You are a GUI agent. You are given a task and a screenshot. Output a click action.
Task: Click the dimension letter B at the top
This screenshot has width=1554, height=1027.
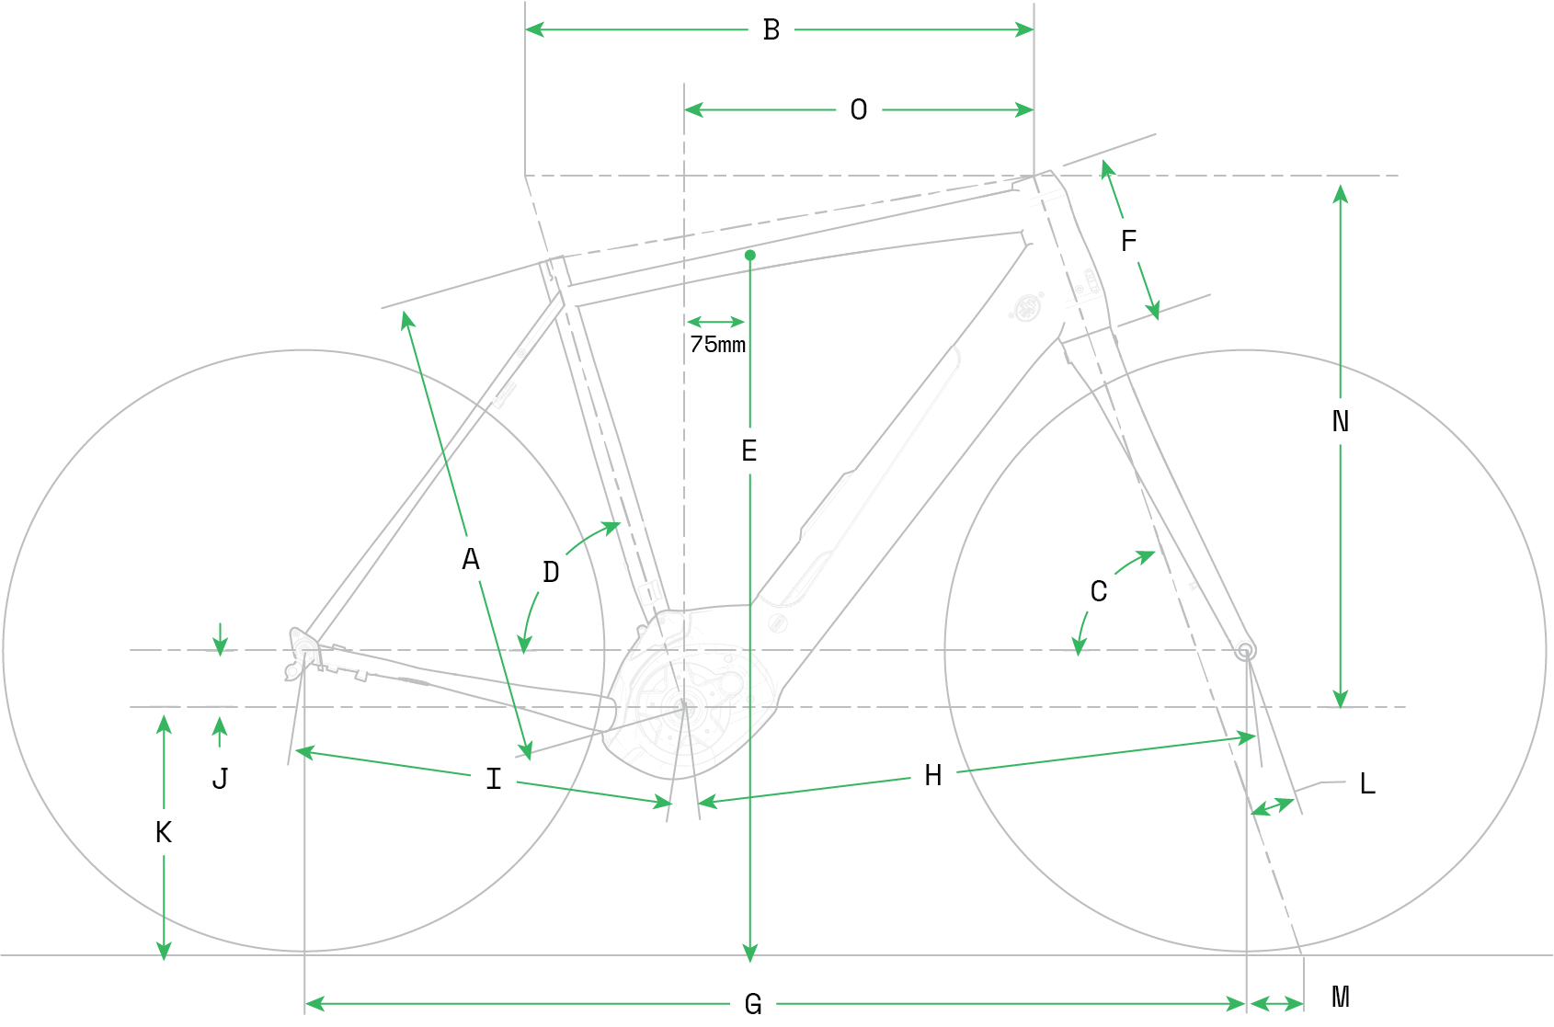pyautogui.click(x=771, y=29)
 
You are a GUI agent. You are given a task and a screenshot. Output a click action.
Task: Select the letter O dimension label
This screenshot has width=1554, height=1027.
pyautogui.click(x=859, y=109)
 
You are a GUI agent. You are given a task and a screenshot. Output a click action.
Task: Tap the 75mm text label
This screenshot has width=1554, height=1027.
pyautogui.click(x=717, y=344)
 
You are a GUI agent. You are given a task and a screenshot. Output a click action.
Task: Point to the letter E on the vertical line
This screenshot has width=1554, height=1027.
pyautogui.click(x=749, y=451)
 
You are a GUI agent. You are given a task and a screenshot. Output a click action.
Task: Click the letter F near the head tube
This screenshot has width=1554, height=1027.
pyautogui.click(x=1129, y=241)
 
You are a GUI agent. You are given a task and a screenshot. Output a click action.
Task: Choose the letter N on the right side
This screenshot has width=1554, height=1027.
pyautogui.click(x=1341, y=421)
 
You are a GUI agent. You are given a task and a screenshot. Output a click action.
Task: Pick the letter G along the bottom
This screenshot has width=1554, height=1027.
pyautogui.click(x=753, y=1003)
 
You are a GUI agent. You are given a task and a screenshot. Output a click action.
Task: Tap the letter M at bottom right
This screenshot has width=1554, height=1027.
pyautogui.click(x=1341, y=997)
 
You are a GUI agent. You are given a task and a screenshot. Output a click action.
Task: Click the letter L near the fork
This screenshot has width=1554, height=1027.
pyautogui.click(x=1367, y=783)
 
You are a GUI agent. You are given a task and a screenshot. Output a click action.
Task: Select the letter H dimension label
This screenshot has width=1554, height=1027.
pyautogui.click(x=933, y=775)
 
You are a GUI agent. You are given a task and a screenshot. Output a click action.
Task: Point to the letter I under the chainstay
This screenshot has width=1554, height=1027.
pyautogui.click(x=493, y=779)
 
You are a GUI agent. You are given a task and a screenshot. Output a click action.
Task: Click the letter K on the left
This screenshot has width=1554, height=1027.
pyautogui.click(x=163, y=832)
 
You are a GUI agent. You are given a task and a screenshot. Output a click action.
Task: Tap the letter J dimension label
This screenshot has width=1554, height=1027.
pyautogui.click(x=220, y=779)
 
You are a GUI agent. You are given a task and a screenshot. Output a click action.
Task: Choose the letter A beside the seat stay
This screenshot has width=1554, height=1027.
pyautogui.click(x=471, y=559)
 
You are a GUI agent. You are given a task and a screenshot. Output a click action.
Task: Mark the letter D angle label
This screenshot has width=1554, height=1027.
pyautogui.click(x=551, y=572)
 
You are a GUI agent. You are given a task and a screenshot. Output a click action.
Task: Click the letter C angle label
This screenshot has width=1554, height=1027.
pyautogui.click(x=1098, y=591)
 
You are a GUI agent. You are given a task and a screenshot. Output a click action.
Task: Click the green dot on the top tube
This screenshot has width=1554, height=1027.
pyautogui.click(x=750, y=256)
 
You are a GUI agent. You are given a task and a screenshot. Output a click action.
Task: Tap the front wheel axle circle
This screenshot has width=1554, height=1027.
pyautogui.click(x=1245, y=651)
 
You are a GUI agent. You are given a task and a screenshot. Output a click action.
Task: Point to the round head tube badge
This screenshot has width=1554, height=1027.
pyautogui.click(x=1027, y=307)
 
